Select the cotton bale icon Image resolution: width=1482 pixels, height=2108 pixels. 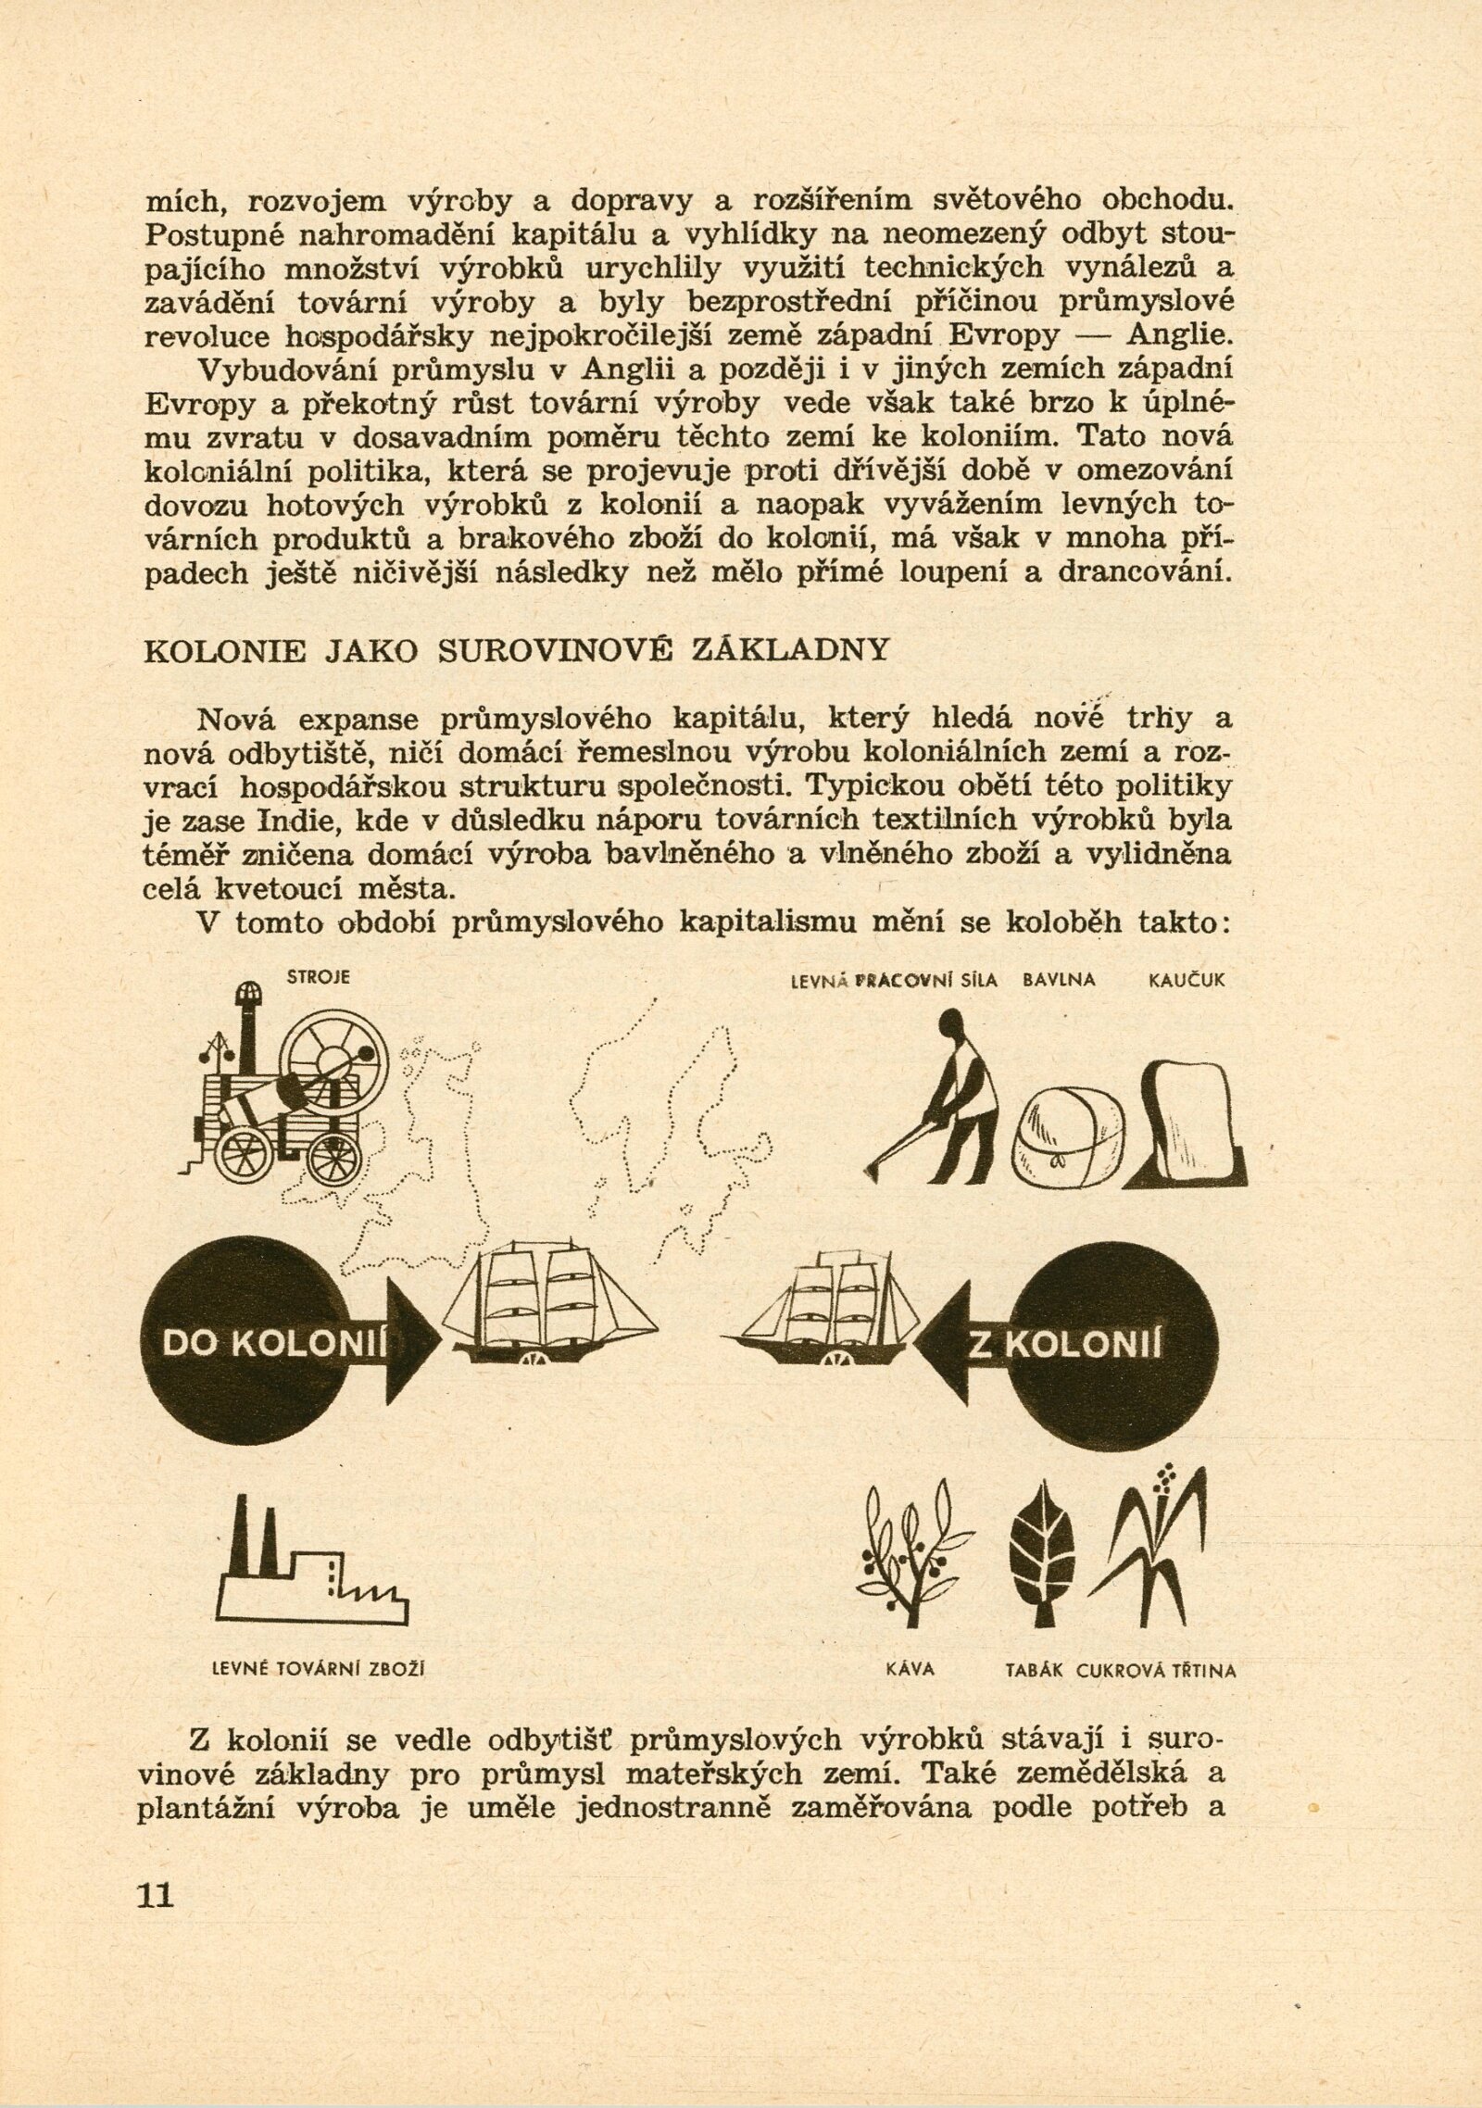tap(1067, 1136)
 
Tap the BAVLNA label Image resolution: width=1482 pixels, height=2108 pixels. tap(1059, 981)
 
